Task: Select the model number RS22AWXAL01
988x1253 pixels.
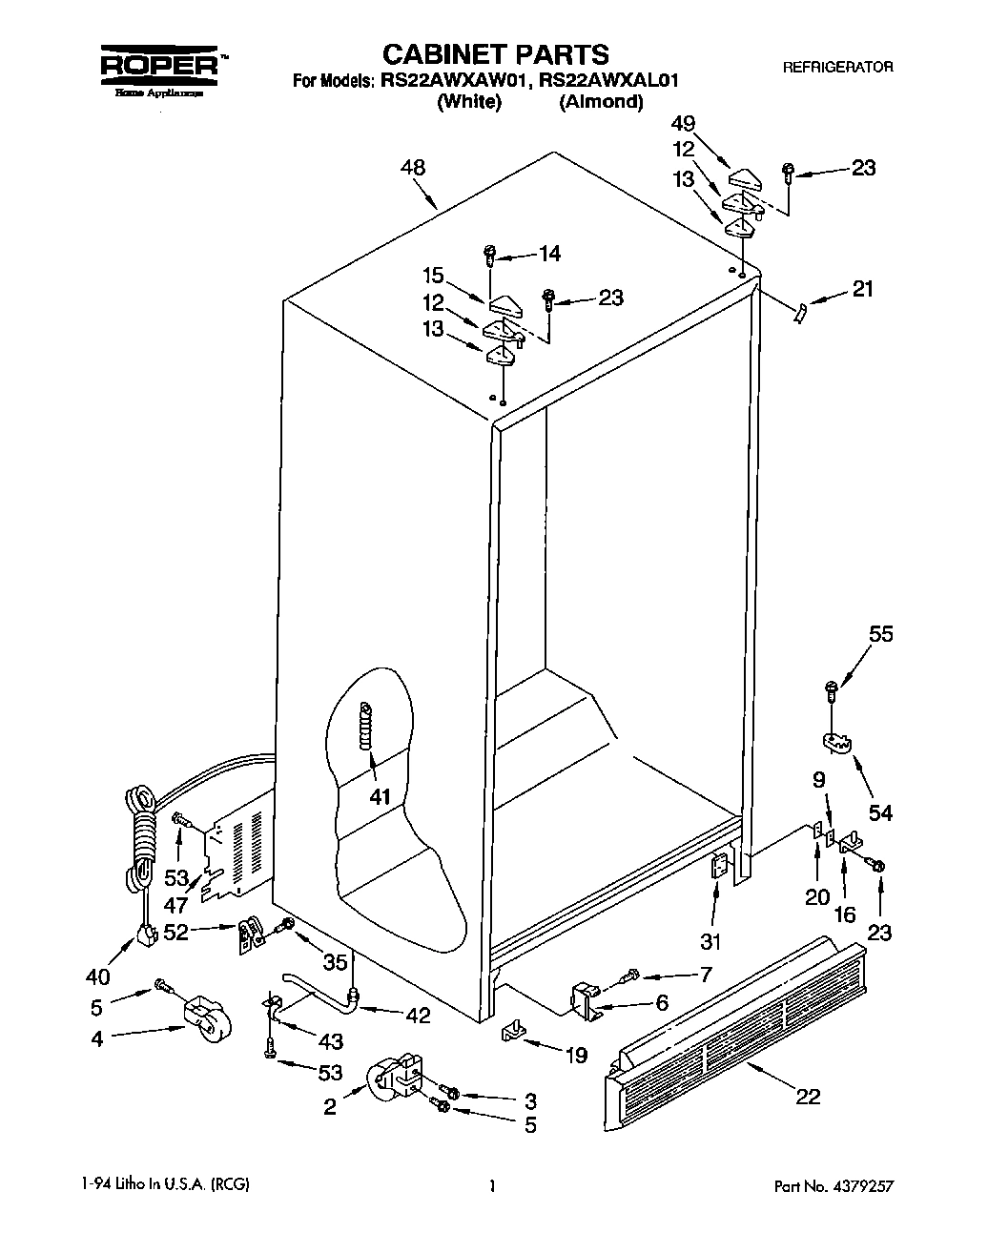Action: (x=606, y=81)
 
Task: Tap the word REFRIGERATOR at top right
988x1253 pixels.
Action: (x=837, y=67)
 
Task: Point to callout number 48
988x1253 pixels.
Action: (x=412, y=168)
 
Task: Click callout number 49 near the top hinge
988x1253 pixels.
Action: (x=710, y=123)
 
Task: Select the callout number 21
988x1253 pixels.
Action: (x=861, y=289)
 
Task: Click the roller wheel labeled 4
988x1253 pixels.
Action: (x=208, y=1017)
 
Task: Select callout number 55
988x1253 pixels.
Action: (x=880, y=634)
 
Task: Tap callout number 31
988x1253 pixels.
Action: (x=710, y=942)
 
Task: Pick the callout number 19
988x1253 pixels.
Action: (x=575, y=1055)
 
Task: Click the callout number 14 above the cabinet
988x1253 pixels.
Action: (x=549, y=254)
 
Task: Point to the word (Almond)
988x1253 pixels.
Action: (x=601, y=102)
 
